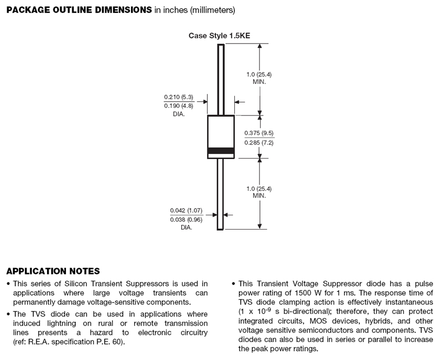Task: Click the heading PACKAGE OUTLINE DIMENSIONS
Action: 79,10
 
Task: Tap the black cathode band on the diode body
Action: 221,151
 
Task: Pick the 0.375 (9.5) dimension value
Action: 259,133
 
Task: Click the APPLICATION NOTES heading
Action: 53,271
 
